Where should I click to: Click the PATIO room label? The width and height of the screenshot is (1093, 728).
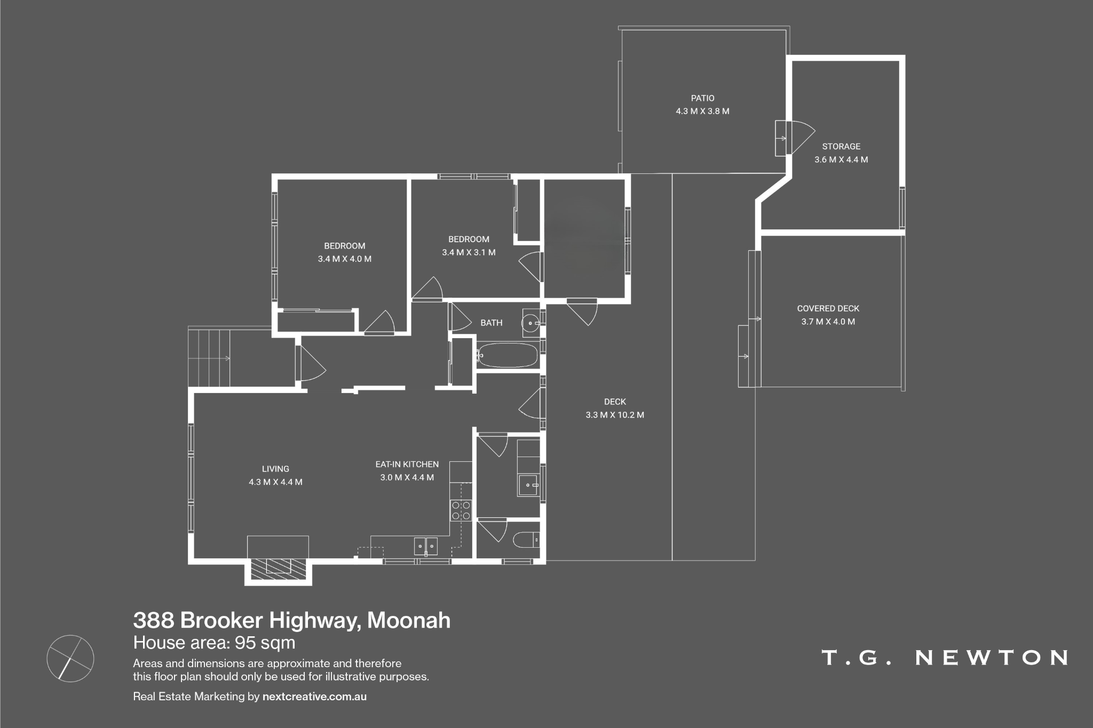coord(702,98)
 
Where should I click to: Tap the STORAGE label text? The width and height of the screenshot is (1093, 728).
coord(841,146)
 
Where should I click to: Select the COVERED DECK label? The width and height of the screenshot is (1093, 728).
coord(828,308)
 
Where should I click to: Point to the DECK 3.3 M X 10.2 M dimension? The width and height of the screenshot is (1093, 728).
coord(615,415)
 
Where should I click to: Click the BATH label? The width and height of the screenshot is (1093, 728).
coord(492,323)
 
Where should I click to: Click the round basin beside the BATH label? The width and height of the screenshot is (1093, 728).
coord(530,323)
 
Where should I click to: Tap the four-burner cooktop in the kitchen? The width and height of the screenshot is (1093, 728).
coord(461,510)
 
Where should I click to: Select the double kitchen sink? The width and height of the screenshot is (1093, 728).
coord(425,546)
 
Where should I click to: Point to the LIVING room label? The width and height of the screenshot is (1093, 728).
coord(275,469)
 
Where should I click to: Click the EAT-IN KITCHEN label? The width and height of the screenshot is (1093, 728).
coord(407,465)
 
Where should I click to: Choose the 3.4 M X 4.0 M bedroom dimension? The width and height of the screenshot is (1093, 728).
coord(345,259)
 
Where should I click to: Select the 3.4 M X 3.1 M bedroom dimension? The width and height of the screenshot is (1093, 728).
coord(469,252)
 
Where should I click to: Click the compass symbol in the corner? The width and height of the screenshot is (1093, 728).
coord(70,658)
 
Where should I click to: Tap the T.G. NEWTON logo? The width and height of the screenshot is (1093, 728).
coord(945,658)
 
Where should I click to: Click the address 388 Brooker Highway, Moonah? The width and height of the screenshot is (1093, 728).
coord(292,620)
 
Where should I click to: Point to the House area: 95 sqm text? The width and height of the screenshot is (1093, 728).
coord(214,643)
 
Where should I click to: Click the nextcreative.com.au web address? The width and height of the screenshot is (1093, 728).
coord(314,697)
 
